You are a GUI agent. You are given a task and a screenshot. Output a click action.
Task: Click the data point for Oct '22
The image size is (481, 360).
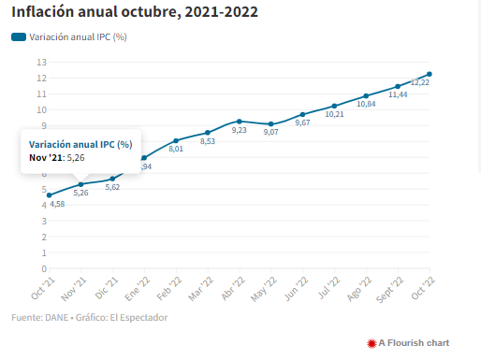click(x=430, y=74)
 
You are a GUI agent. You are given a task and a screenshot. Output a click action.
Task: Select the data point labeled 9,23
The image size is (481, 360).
click(x=240, y=122)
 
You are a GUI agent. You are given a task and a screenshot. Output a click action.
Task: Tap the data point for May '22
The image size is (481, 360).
click(x=270, y=124)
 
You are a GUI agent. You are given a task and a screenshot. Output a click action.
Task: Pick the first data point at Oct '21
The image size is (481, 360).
click(x=50, y=195)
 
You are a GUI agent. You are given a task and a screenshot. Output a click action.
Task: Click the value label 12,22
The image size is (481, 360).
click(x=420, y=82)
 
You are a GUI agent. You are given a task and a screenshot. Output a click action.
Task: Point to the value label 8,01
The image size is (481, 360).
click(x=176, y=149)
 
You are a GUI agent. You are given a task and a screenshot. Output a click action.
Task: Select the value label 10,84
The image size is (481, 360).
click(x=366, y=104)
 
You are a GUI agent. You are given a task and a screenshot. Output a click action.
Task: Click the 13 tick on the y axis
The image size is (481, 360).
click(x=41, y=63)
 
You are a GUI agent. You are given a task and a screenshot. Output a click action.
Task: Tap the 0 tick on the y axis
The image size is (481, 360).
click(x=44, y=268)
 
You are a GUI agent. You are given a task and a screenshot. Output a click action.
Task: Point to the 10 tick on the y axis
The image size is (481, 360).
click(x=41, y=110)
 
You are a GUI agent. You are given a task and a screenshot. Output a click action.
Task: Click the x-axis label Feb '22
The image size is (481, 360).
click(x=169, y=289)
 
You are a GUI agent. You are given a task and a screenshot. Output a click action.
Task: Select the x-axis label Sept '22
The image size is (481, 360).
click(x=389, y=290)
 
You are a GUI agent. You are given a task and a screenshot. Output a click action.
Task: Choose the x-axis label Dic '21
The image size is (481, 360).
click(x=107, y=288)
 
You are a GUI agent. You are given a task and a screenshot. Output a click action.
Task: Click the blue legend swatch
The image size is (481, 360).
click(x=19, y=37)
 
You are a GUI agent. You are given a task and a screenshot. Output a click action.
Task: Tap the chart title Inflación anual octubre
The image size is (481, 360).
click(x=96, y=12)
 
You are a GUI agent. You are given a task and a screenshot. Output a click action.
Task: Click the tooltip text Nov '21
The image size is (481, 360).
click(x=47, y=158)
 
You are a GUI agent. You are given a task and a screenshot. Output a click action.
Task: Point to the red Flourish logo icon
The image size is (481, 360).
click(x=372, y=343)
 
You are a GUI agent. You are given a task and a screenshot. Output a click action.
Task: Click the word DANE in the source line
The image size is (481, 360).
click(x=57, y=318)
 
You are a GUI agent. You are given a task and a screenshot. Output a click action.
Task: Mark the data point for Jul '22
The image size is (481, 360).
click(x=334, y=106)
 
